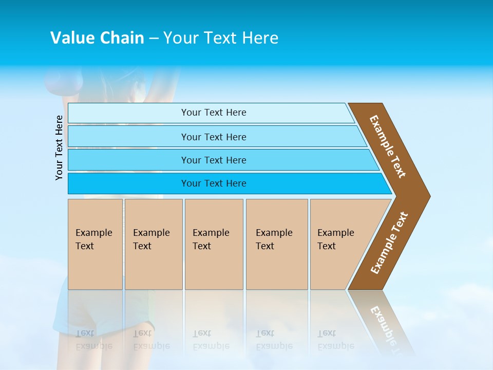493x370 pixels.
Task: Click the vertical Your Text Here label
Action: tap(60, 147)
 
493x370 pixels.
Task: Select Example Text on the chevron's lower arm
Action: tap(389, 243)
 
